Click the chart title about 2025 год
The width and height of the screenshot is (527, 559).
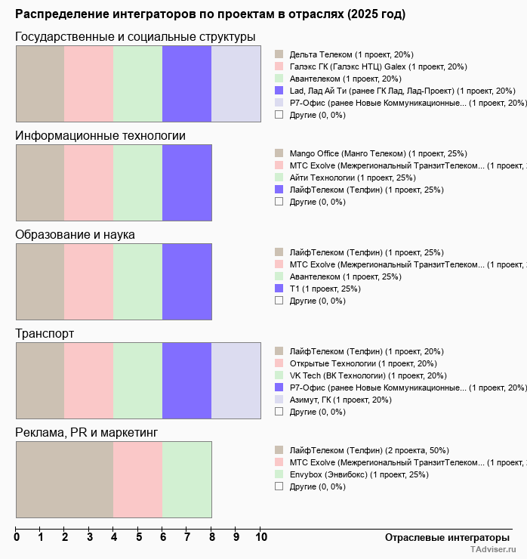coord(210,14)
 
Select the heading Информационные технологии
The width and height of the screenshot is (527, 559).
coord(100,136)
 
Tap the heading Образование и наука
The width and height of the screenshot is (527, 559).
coord(75,235)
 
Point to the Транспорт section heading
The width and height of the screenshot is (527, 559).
coord(45,334)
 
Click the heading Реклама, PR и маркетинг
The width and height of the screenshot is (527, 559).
coord(86,433)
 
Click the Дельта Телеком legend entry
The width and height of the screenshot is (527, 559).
coord(351,54)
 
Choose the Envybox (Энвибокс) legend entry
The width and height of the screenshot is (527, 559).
coord(359,474)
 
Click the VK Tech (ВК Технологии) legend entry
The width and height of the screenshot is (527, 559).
coord(368,375)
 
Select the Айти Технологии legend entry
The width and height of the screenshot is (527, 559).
coord(352,178)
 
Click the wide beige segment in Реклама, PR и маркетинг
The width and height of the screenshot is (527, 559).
coord(64,480)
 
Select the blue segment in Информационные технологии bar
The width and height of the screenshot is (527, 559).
coord(186,183)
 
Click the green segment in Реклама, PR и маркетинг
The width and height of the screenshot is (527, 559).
coord(186,480)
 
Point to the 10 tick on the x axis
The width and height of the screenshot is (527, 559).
coord(260,537)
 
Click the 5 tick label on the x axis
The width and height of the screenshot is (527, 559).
coord(138,537)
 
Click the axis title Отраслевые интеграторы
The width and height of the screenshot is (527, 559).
coord(442,537)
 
